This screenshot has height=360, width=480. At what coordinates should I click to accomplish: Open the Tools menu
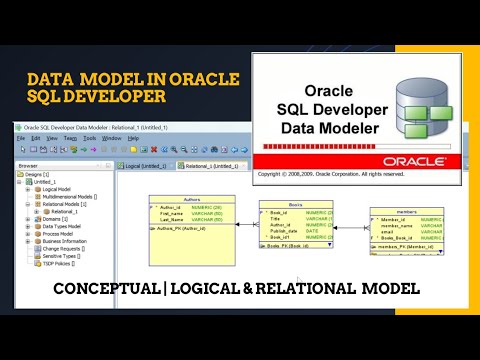(88, 138)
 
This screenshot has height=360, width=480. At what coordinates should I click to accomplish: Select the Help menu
(133, 138)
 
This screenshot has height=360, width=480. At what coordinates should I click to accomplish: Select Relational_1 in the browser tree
(64, 211)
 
